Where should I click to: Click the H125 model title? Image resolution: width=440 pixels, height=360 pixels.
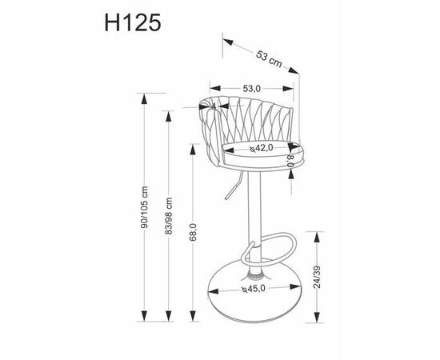133,22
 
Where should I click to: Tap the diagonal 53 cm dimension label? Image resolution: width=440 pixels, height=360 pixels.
269,59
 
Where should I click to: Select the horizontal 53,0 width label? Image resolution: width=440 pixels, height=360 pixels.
252,89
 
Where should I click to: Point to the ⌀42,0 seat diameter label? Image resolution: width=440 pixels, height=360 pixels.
262,147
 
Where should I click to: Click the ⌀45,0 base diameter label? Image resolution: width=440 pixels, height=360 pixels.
254,288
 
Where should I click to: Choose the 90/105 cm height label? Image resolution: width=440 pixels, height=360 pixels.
145,207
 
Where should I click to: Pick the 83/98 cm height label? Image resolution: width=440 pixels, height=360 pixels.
168,216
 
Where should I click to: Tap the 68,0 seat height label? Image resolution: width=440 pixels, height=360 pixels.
193,232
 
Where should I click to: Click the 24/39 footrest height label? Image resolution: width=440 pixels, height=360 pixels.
317,277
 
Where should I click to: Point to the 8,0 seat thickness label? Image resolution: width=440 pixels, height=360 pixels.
291,161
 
